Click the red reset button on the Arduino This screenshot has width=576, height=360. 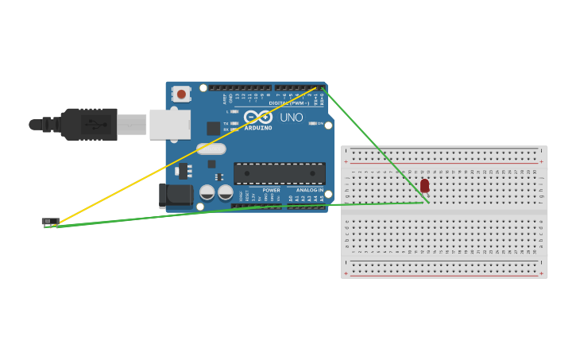pos(181,95)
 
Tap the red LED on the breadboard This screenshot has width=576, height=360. pos(424,185)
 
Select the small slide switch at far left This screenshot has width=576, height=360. pos(50,221)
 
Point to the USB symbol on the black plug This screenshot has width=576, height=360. pos(95,125)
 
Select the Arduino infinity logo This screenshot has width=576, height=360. pos(264,117)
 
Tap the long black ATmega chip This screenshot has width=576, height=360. pos(279,173)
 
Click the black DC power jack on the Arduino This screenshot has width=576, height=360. pos(174,195)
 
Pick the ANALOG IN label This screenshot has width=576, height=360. pos(310,191)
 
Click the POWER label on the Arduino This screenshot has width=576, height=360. pos(271,191)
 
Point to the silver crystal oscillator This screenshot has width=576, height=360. pos(211,149)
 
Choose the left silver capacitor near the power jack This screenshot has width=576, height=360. pos(207,192)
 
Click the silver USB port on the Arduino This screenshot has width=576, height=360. pos(169,124)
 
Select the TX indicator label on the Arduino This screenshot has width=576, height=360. pos(226,123)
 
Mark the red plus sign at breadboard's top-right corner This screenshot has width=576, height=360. pos(542,161)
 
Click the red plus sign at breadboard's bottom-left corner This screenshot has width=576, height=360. pos(346,273)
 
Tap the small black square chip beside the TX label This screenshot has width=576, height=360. pos(213,128)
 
